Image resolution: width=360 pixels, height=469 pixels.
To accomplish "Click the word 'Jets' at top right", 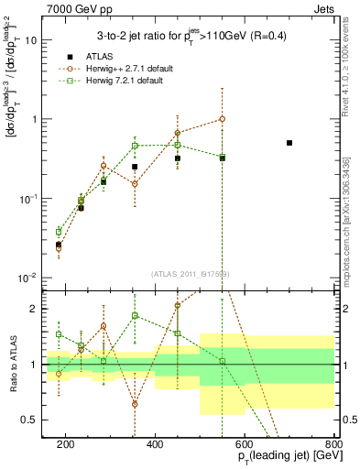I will (x=326, y=7).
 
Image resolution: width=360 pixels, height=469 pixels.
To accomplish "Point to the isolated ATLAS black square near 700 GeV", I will (x=289, y=143).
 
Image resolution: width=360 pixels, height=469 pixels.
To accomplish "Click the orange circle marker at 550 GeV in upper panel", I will (x=222, y=119).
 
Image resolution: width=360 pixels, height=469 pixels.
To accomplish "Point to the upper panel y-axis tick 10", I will (x=33, y=40).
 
